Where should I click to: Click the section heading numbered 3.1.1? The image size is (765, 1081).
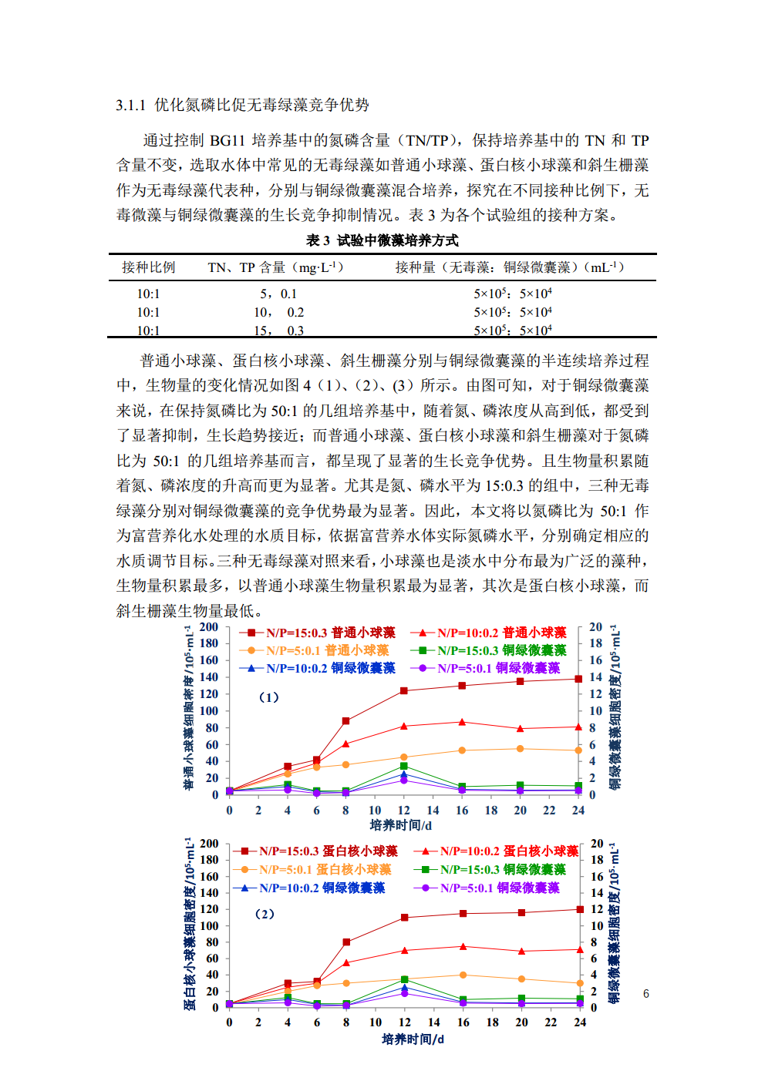pos(242,105)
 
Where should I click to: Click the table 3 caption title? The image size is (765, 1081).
pos(382,240)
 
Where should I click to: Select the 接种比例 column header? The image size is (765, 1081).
pos(148,267)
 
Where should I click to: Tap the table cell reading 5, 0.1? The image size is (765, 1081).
pos(278,294)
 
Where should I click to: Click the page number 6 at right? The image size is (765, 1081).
pos(645,994)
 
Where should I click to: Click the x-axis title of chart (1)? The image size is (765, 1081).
pos(400,825)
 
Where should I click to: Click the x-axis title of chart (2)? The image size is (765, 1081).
pos(413,1039)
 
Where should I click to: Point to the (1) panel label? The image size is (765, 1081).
pos(268,697)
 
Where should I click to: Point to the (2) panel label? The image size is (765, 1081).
pos(265,914)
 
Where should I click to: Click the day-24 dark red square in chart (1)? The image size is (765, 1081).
pos(578,679)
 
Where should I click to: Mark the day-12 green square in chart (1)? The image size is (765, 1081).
pos(404,766)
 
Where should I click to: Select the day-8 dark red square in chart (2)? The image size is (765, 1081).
pos(346,942)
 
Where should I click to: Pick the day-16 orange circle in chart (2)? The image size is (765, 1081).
pos(463,975)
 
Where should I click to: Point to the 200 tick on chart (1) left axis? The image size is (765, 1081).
pos(209,627)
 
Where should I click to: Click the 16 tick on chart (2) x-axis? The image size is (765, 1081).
pos(463,1022)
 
